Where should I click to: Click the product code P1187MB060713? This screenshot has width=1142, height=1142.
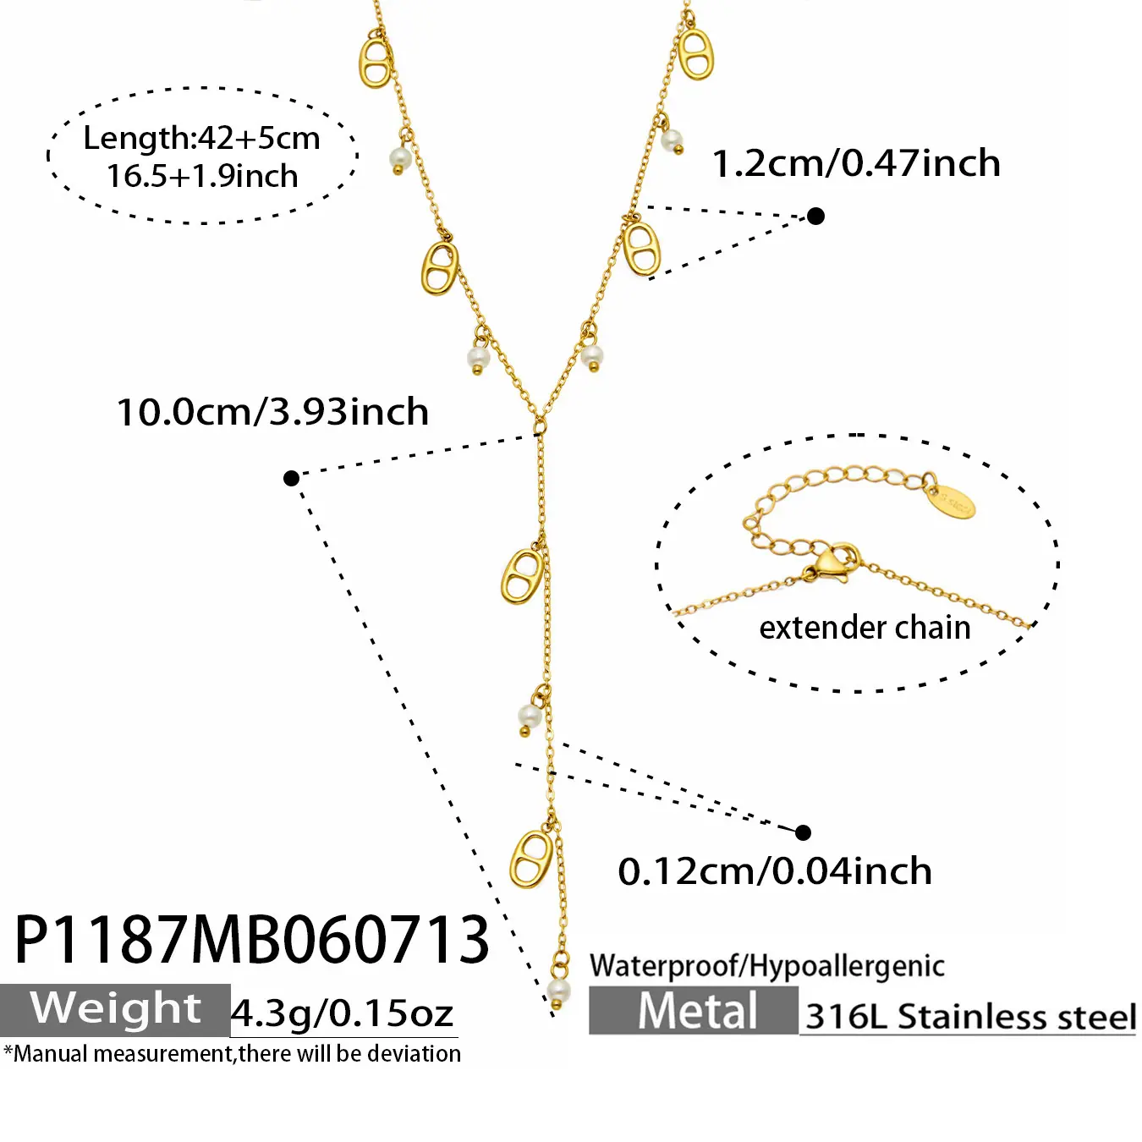[251, 939]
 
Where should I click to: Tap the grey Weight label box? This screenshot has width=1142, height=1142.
[115, 1010]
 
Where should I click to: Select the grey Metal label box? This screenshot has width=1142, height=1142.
[694, 1010]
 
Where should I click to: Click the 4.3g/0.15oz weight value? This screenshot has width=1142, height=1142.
[342, 1013]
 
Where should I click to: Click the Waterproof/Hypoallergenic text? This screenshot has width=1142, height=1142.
[767, 965]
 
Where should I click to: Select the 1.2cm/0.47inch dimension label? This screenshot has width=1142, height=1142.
[856, 162]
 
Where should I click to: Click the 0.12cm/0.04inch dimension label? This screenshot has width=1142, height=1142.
[775, 870]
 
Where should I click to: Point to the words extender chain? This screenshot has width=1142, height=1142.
[865, 628]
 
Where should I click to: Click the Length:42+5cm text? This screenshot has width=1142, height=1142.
[201, 138]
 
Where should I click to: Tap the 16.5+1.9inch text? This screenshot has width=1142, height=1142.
[202, 176]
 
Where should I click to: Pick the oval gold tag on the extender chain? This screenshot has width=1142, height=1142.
[951, 502]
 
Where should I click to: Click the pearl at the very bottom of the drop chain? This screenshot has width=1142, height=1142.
[557, 991]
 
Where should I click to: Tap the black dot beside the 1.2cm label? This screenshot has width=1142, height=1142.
[816, 216]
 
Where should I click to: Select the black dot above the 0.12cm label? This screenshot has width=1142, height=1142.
[803, 832]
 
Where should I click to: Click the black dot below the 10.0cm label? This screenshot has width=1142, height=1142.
[291, 478]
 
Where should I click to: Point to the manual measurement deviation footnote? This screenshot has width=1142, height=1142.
[232, 1054]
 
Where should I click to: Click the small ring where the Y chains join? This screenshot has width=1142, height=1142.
[540, 425]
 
